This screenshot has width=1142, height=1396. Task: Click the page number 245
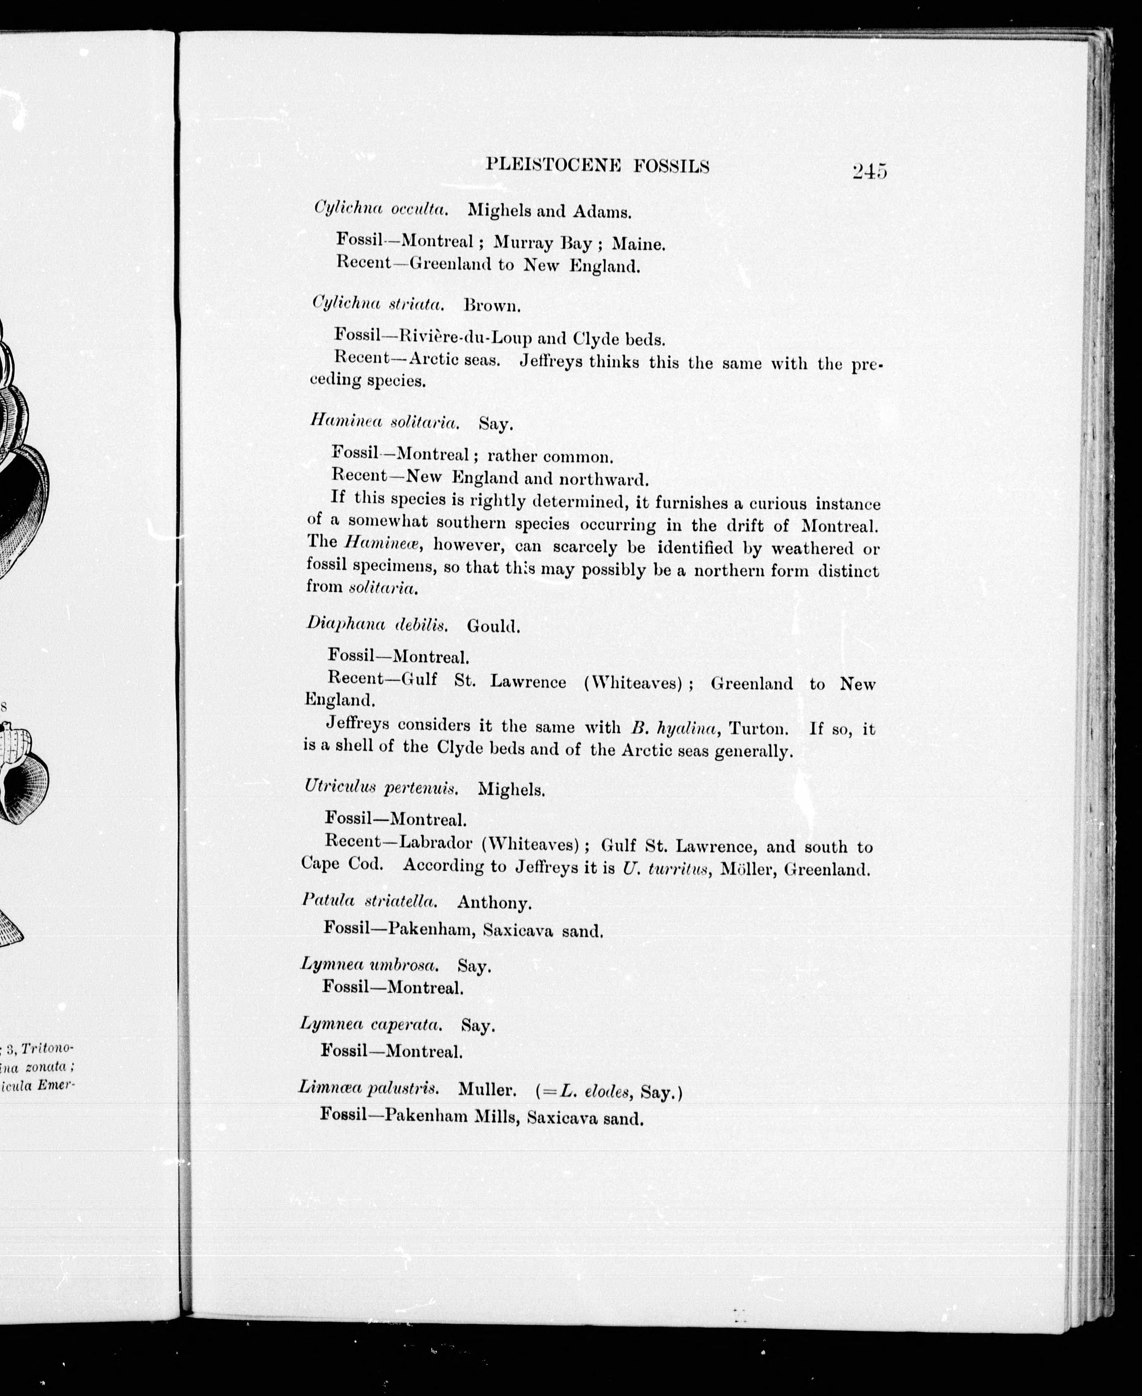[x=869, y=171]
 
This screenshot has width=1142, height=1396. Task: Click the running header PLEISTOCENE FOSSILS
[x=597, y=166]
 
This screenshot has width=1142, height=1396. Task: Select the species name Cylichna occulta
[x=381, y=209]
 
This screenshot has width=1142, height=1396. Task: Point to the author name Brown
[x=491, y=305]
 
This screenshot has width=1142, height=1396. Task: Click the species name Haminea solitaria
[x=385, y=421]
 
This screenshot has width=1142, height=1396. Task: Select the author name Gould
[x=493, y=626]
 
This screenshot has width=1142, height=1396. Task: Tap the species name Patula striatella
[x=370, y=901]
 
